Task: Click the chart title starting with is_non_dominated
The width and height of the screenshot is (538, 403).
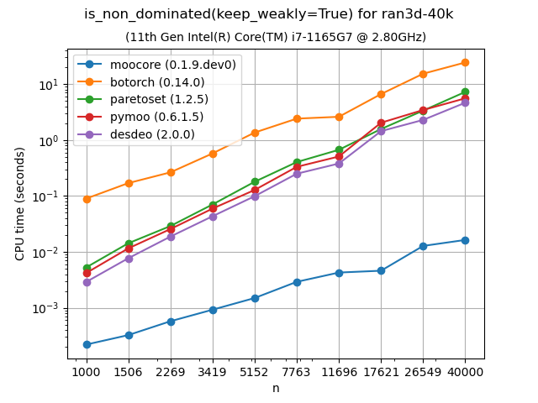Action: [x=269, y=14]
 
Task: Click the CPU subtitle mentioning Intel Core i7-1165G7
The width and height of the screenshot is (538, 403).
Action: [x=276, y=37]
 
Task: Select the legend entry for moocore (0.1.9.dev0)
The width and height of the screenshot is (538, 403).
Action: [x=173, y=64]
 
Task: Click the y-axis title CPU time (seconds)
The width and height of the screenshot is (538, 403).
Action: [x=20, y=203]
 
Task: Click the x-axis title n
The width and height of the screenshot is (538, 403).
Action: [x=276, y=388]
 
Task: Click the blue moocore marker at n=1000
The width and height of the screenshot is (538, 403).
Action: [x=87, y=344]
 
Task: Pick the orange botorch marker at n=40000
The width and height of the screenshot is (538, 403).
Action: [x=465, y=62]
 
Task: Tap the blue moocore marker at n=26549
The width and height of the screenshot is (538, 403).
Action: [x=423, y=246]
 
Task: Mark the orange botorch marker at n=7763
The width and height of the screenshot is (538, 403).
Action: [x=297, y=118]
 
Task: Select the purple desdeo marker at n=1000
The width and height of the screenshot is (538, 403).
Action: [x=87, y=282]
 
